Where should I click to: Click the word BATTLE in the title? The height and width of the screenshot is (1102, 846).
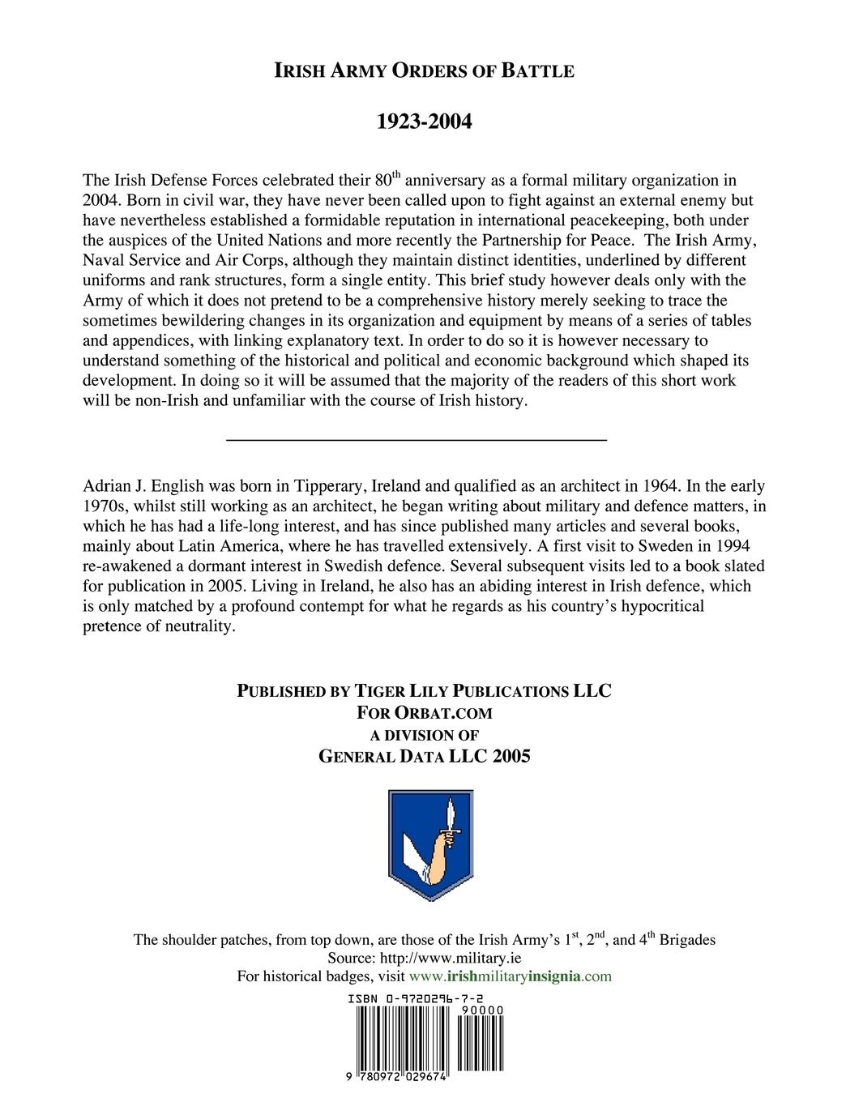pos(538,71)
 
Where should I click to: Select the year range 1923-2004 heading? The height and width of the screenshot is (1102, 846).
pos(424,122)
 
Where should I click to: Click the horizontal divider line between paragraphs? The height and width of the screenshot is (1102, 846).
pos(416,439)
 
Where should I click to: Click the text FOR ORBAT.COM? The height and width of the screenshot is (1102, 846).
pos(424,713)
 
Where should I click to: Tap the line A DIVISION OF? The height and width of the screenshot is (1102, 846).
pos(424,735)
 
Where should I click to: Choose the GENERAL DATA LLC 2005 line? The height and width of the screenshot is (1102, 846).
pos(424,757)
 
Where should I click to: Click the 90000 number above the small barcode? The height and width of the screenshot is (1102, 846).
pos(481,1010)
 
